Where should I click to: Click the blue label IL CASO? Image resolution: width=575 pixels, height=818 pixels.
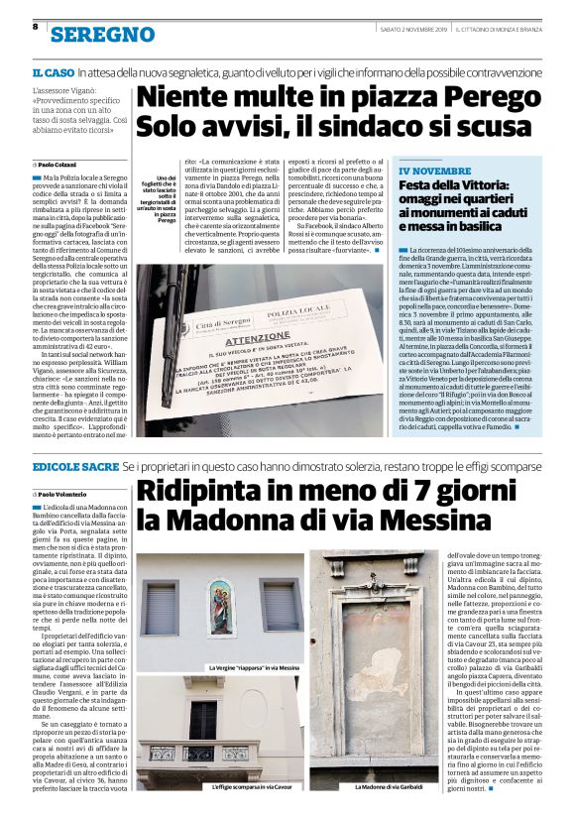pos(52,72)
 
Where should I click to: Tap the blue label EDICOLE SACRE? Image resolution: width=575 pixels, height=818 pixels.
pos(74,464)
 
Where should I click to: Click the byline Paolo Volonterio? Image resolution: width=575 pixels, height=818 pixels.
pos(63,494)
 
